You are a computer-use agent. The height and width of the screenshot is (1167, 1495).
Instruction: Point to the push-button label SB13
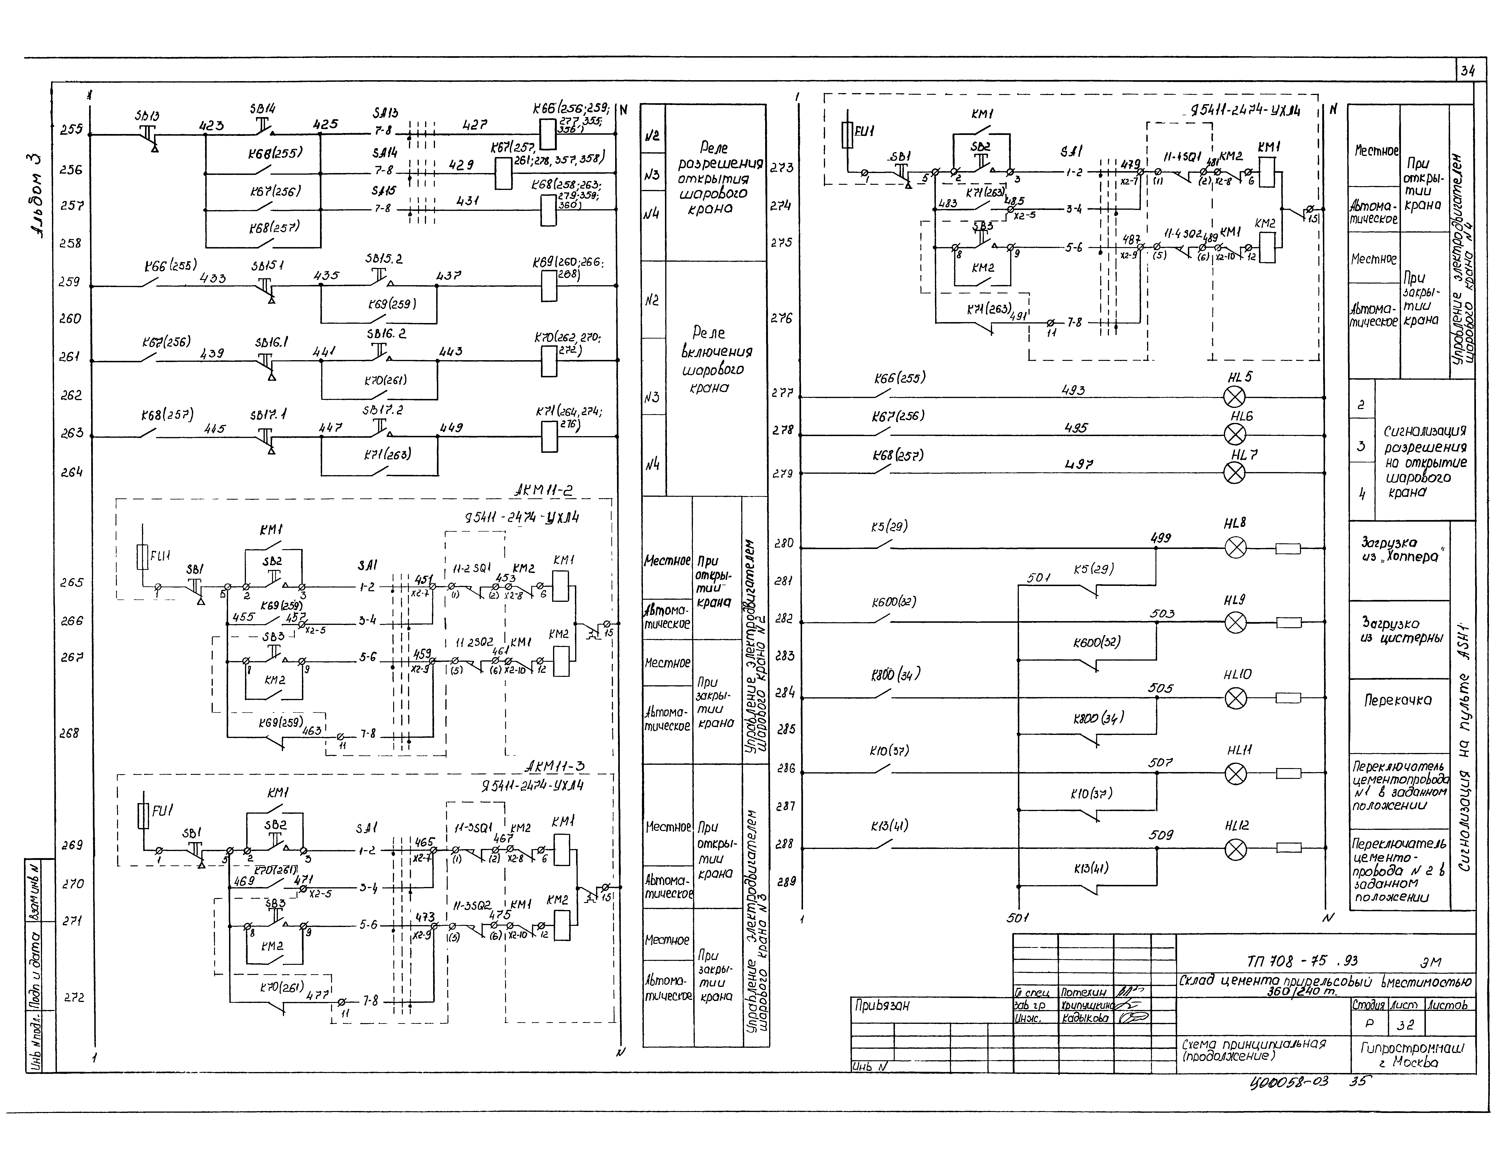point(146,116)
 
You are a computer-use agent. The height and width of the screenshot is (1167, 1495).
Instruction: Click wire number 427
point(474,125)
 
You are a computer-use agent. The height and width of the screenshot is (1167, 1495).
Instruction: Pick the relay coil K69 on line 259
point(548,286)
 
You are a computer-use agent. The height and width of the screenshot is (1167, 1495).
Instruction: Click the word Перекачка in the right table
point(1398,700)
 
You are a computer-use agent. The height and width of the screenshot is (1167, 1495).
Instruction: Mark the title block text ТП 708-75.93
point(1302,961)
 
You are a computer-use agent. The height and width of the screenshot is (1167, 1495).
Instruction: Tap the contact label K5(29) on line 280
point(889,526)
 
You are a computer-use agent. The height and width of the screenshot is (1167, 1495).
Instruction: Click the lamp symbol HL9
point(1235,623)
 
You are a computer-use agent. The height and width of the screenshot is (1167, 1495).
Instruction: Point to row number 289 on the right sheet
point(787,882)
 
